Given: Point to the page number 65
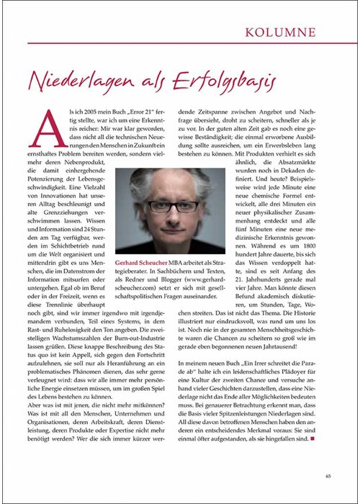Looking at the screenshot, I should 328,475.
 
